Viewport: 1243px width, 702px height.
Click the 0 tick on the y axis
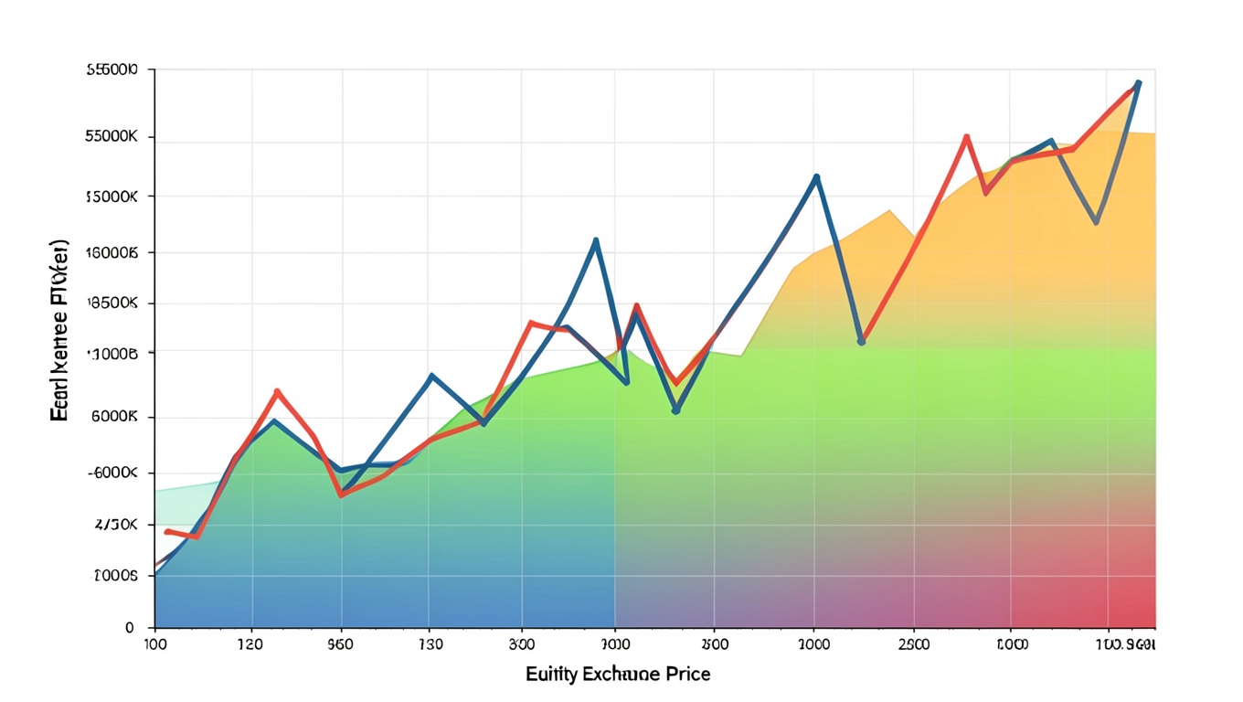[x=130, y=628]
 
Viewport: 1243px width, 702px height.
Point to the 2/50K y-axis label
[x=116, y=526]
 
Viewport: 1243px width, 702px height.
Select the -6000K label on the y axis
[x=113, y=473]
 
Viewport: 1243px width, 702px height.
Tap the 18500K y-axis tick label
[x=112, y=303]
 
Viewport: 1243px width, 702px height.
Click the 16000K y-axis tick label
[x=112, y=252]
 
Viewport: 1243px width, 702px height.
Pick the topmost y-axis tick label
[x=112, y=69]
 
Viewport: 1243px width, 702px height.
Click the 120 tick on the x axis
[x=250, y=643]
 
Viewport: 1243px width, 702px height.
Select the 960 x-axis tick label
[x=341, y=643]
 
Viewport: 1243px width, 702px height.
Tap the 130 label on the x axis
[x=430, y=643]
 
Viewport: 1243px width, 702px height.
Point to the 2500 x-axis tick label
[x=914, y=643]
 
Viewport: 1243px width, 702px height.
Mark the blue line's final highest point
[x=1138, y=83]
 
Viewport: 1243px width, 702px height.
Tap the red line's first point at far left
[x=166, y=531]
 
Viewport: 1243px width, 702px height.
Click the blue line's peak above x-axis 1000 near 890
[x=816, y=176]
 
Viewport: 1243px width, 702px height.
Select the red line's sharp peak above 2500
[x=966, y=137]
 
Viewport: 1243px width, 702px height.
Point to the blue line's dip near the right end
[x=1096, y=222]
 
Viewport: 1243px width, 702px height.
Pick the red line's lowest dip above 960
[x=341, y=495]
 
